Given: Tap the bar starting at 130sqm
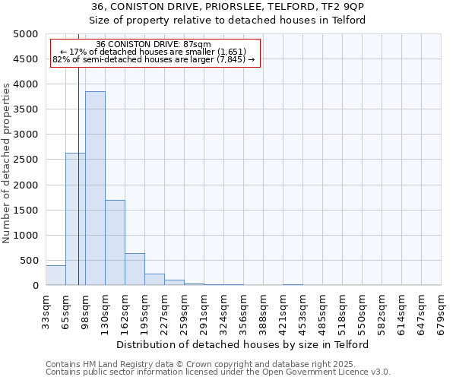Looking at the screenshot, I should click(x=115, y=242).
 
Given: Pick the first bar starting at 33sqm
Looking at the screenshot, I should click(x=55, y=276).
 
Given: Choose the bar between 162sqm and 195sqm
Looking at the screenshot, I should click(x=135, y=269).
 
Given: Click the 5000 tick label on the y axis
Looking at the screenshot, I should click(x=25, y=34).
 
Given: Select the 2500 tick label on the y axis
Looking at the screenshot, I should click(x=25, y=160).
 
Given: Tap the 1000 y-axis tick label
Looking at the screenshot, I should click(x=25, y=236).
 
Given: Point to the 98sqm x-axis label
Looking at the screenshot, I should click(x=85, y=312).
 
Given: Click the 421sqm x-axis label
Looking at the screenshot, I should click(x=283, y=312).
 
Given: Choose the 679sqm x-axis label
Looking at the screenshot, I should click(x=441, y=312).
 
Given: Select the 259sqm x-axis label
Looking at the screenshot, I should click(x=184, y=312).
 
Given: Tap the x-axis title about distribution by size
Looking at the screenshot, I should click(x=243, y=344).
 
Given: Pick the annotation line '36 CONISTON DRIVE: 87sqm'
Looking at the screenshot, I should click(x=154, y=45).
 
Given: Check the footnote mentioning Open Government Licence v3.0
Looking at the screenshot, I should click(x=218, y=372).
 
